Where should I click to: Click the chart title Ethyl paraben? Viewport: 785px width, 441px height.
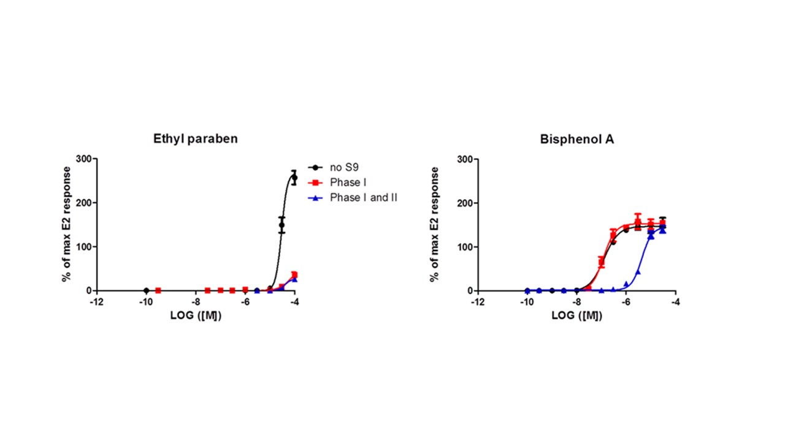click(x=195, y=138)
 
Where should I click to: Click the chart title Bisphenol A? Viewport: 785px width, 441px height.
click(x=577, y=138)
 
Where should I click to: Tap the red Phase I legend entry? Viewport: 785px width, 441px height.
click(x=348, y=182)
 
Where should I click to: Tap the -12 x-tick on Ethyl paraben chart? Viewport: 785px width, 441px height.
click(x=96, y=302)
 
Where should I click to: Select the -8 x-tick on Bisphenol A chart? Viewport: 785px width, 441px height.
click(x=576, y=302)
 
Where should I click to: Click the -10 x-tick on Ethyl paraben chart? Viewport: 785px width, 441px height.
click(x=146, y=302)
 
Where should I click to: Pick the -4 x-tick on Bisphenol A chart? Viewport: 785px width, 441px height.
click(x=675, y=302)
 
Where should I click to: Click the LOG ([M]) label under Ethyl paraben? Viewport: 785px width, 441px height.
click(x=196, y=316)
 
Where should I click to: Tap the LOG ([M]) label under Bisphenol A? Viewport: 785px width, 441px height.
click(x=576, y=316)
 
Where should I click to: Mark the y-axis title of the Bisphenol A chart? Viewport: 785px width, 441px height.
click(x=435, y=224)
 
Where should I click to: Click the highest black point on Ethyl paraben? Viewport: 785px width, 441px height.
click(x=294, y=178)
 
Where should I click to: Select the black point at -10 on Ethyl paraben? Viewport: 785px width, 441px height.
click(x=146, y=290)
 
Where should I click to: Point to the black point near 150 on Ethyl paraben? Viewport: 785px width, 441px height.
click(x=282, y=225)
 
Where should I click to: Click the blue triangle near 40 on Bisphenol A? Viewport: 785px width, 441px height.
click(x=638, y=271)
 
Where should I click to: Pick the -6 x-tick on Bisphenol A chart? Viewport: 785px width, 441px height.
click(x=626, y=302)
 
